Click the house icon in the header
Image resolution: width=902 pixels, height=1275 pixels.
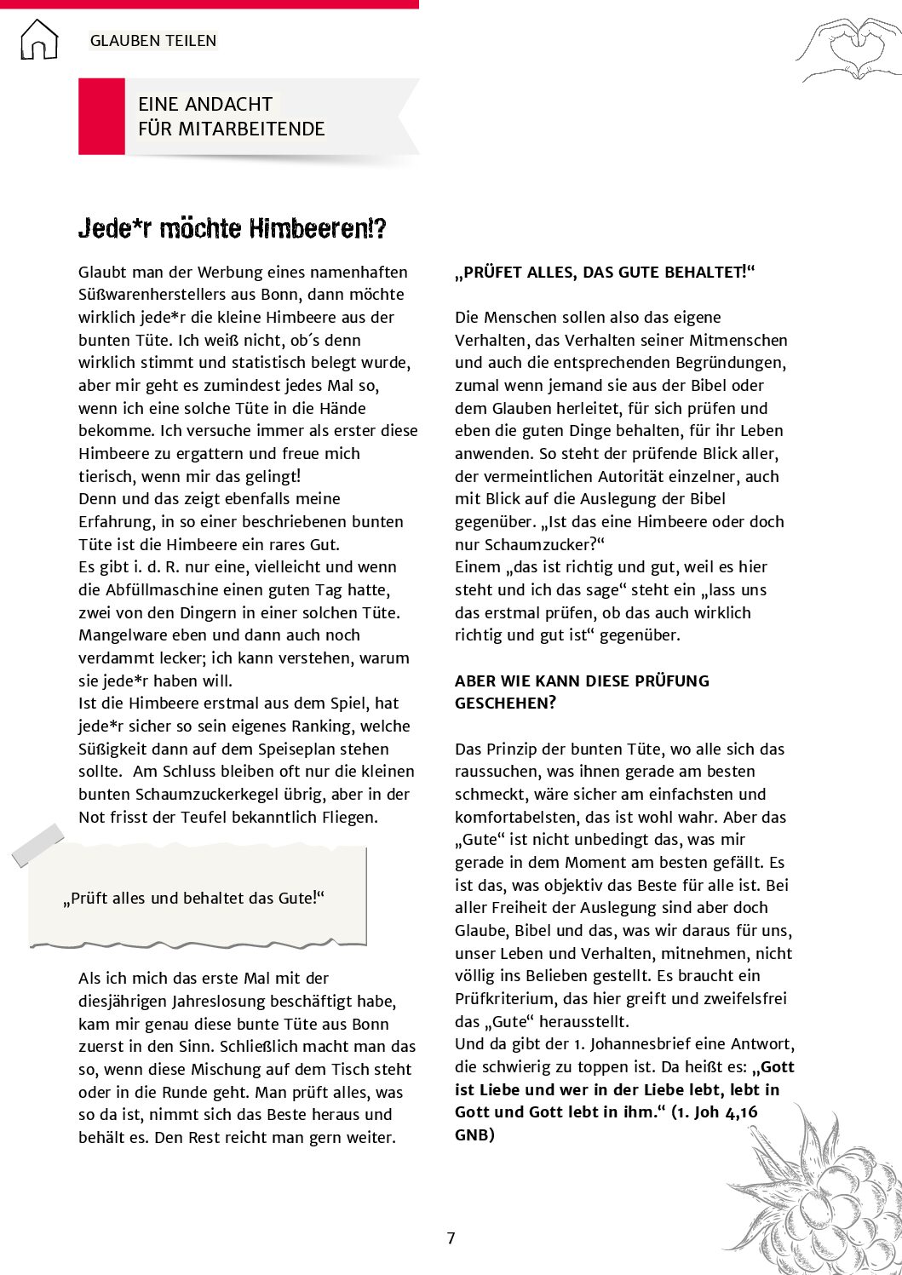click(39, 40)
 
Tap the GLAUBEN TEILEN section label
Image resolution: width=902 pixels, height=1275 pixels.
click(153, 41)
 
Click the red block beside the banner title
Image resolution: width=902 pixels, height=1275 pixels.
click(101, 117)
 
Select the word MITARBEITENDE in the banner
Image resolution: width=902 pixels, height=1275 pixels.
click(251, 129)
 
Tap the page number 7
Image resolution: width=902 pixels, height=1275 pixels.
click(451, 1238)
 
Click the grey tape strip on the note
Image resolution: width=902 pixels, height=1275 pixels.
click(38, 845)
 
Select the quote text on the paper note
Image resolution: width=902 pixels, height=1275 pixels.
click(194, 899)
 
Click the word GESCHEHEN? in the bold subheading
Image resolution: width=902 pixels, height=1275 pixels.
click(505, 704)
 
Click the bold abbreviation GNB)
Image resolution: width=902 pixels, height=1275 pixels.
click(474, 1135)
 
